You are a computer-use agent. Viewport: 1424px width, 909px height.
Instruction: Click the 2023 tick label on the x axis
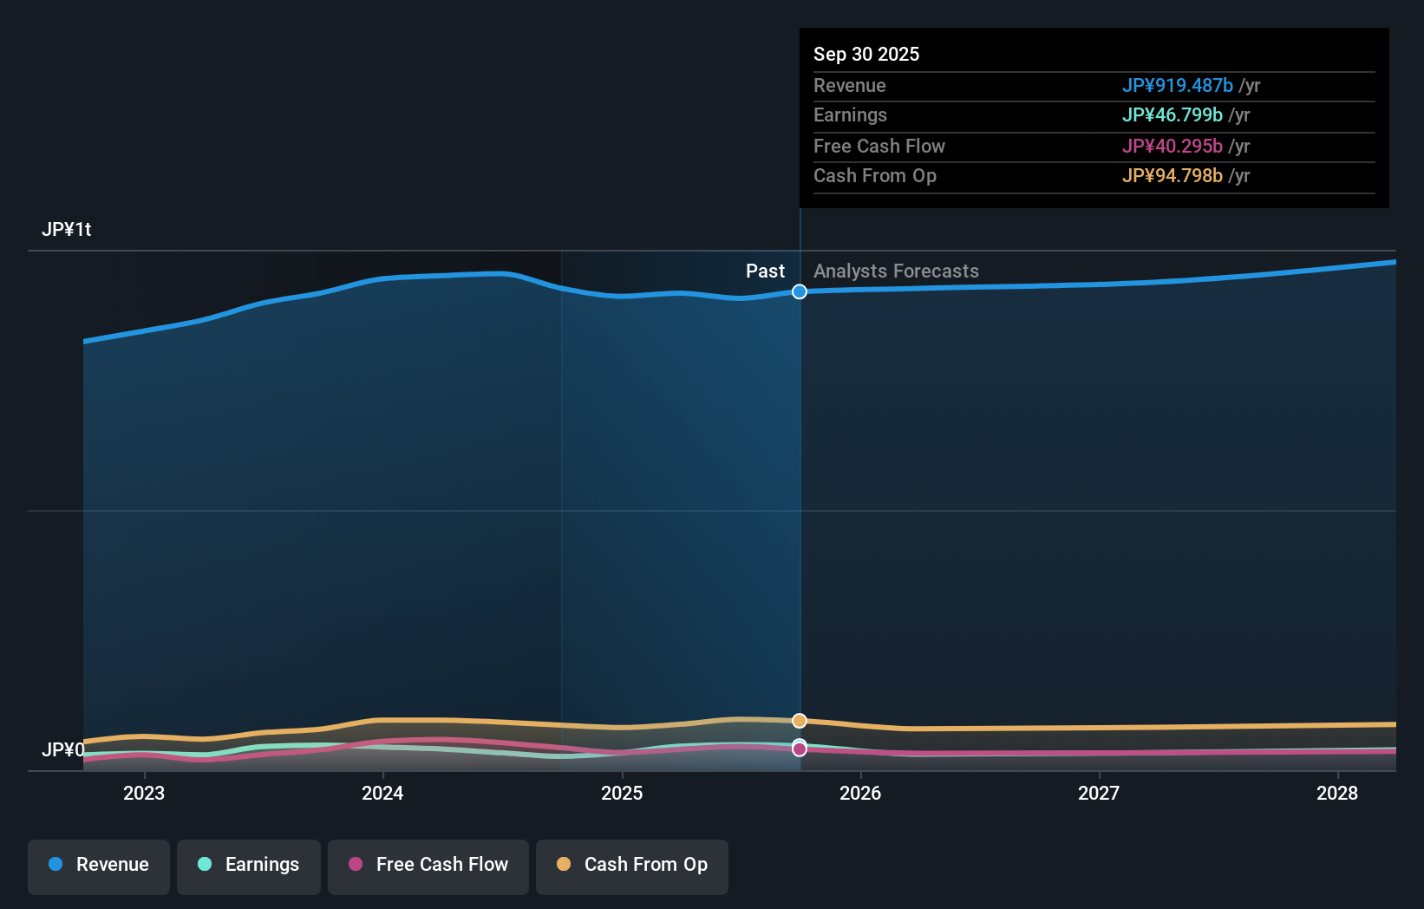[144, 793]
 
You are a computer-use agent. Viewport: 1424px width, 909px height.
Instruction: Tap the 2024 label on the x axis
[382, 793]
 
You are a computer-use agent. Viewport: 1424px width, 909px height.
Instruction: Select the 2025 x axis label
[622, 793]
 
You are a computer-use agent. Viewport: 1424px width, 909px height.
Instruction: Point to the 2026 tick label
[860, 793]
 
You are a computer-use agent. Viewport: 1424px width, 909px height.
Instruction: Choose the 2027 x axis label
[1099, 793]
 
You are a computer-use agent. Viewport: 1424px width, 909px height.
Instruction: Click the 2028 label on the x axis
[1337, 793]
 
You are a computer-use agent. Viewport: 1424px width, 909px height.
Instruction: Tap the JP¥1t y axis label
[67, 230]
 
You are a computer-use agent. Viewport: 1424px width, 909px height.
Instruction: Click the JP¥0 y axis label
[63, 749]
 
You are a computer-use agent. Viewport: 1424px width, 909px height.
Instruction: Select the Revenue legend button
[99, 865]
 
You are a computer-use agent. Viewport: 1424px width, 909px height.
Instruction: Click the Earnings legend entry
[249, 865]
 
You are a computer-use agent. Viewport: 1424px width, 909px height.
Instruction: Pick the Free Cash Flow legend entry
[428, 865]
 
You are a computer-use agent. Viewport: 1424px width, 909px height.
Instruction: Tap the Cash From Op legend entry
[632, 865]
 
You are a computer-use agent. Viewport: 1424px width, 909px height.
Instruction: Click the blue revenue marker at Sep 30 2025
[800, 291]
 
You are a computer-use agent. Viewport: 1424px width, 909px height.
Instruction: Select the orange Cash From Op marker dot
[800, 721]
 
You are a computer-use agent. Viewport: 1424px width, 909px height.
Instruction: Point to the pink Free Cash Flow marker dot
[800, 749]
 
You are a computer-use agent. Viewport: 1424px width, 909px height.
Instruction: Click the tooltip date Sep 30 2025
[866, 54]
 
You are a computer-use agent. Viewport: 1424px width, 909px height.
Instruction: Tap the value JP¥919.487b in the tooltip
[1177, 85]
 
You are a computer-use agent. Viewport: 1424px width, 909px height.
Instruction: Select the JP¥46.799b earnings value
[1172, 115]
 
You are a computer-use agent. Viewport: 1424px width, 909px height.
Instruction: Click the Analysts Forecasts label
[896, 271]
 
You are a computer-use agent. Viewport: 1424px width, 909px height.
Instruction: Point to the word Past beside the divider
[765, 271]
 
